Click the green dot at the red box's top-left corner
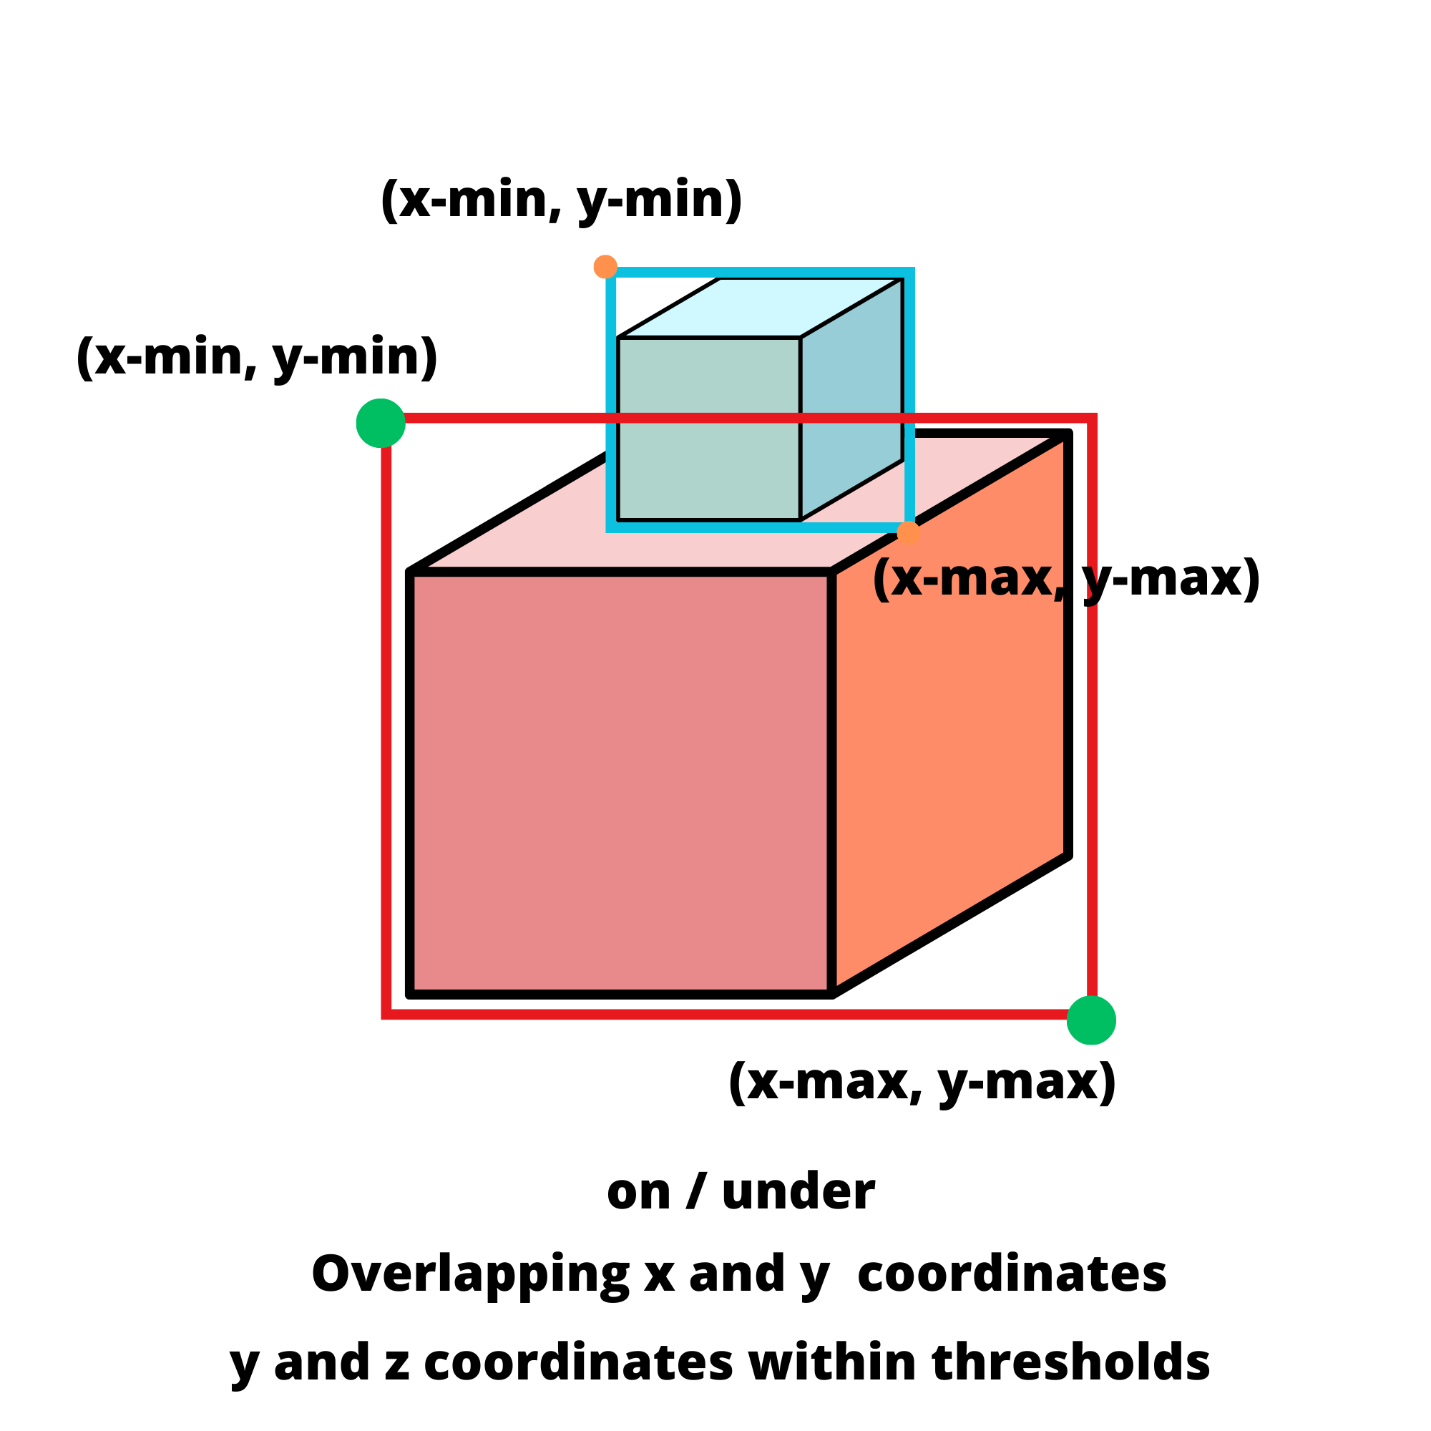pos(381,423)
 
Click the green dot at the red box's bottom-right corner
pos(1091,1021)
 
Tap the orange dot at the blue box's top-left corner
pos(606,267)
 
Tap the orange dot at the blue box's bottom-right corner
pos(908,532)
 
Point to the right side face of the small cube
pos(851,400)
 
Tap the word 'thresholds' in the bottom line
pos(1070,1363)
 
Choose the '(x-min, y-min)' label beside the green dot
pos(256,357)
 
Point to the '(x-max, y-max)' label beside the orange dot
pos(1067,578)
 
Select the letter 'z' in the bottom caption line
pos(397,1364)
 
